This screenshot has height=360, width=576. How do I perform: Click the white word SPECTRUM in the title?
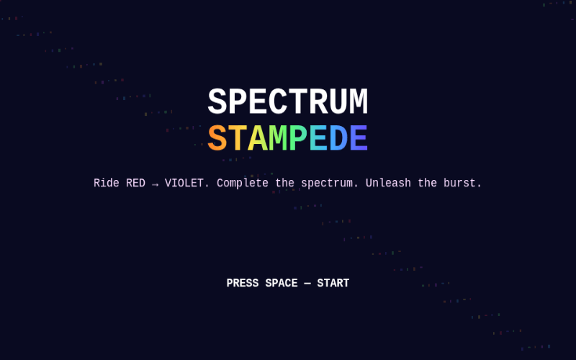(287, 102)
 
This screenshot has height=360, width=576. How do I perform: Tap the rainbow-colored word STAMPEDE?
(287, 138)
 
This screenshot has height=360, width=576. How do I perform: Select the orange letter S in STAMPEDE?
(217, 138)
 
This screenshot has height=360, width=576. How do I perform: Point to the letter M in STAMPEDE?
(277, 138)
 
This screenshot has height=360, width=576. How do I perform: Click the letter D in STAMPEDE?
(338, 138)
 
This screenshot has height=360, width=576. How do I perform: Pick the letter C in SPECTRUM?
(278, 102)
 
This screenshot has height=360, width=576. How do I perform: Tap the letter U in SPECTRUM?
(338, 102)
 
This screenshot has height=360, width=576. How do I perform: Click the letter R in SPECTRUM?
(318, 102)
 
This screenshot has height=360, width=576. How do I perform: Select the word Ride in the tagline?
(106, 183)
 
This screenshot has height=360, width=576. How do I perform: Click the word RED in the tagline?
(135, 183)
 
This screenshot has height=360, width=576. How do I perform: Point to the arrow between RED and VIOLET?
(155, 184)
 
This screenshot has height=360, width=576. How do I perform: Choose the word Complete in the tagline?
(243, 184)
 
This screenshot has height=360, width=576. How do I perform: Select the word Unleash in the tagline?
(388, 183)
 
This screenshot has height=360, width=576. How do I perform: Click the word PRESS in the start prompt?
(243, 283)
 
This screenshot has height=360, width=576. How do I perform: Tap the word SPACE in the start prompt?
(282, 283)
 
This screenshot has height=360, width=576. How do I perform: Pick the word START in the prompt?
(333, 283)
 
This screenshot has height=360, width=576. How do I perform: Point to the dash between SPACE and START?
(307, 283)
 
